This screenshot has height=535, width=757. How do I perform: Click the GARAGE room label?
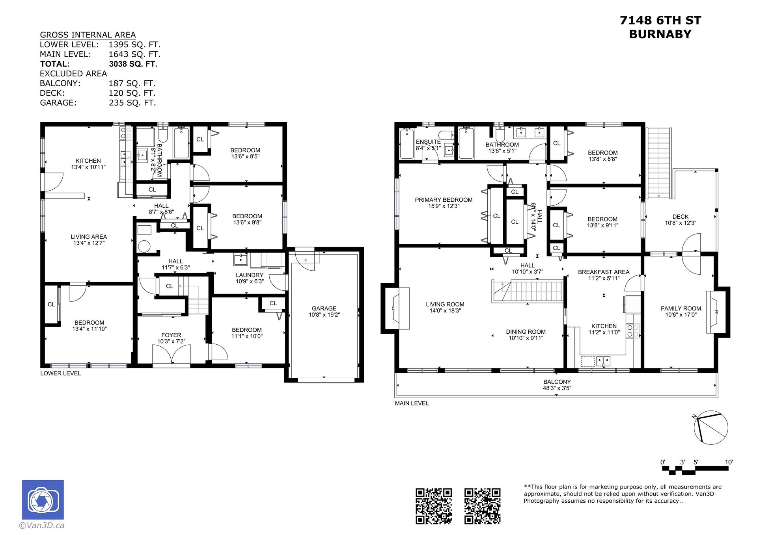[324, 308]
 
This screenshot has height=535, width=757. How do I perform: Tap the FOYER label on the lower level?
[171, 335]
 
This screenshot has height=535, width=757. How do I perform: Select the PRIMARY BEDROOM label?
[444, 200]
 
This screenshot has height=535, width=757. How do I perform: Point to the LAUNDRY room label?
[250, 275]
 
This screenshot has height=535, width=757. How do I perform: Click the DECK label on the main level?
[681, 217]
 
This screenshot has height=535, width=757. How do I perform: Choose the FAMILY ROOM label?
[681, 308]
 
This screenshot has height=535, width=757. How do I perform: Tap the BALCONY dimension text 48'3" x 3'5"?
[557, 388]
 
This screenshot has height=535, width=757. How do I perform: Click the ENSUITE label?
[428, 142]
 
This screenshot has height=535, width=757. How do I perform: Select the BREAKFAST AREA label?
[604, 272]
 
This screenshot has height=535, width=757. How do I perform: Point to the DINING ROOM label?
[526, 332]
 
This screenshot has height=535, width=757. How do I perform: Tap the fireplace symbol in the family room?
[714, 312]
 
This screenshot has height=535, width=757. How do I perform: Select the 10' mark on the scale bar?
[729, 462]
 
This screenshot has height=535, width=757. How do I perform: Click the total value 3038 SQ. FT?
[133, 64]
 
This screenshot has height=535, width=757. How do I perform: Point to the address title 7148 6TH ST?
[660, 20]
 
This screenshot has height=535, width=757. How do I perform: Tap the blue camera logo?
[43, 500]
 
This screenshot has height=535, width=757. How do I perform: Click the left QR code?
[434, 506]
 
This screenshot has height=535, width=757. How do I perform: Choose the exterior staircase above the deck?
[659, 163]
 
